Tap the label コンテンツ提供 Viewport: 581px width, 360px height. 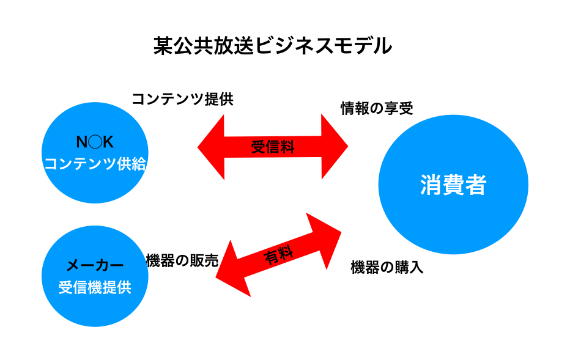(x=182, y=99)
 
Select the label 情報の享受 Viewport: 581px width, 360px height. (x=377, y=109)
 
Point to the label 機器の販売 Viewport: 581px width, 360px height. (x=182, y=260)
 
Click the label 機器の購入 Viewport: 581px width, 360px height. (x=387, y=268)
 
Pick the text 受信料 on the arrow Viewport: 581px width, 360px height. (x=273, y=147)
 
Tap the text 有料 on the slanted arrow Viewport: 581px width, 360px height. (x=278, y=254)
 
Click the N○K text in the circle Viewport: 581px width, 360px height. (x=95, y=143)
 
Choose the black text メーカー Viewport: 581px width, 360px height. (x=95, y=265)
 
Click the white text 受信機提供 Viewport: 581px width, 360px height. (x=95, y=287)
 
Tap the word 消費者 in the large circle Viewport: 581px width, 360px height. (x=453, y=185)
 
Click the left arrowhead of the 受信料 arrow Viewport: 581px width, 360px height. (x=211, y=147)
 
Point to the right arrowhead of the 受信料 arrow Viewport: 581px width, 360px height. (x=335, y=147)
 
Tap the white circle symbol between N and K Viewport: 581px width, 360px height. (x=95, y=143)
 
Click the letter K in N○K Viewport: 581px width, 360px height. (x=108, y=143)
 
